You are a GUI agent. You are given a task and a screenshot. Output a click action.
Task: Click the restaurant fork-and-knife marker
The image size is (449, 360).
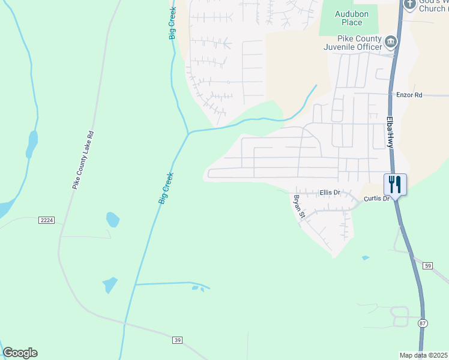tap(395, 183)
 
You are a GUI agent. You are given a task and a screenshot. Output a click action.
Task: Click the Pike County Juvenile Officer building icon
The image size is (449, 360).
tap(391, 41)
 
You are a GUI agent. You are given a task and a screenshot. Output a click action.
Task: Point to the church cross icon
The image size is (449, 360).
tap(409, 4)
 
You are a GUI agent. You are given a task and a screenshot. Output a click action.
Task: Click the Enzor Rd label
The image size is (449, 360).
tap(409, 95)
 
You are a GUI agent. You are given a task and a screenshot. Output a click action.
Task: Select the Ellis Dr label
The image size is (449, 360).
tap(330, 193)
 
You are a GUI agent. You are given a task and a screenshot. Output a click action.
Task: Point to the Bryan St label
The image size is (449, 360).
tap(299, 206)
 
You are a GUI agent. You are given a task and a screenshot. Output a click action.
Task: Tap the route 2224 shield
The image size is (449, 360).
tap(46, 220)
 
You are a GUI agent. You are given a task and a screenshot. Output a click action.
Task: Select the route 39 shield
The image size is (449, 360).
tap(177, 340)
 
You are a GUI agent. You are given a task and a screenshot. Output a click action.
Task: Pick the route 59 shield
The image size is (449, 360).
tap(427, 266)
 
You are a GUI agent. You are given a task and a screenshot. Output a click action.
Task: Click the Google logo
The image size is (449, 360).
tap(20, 353)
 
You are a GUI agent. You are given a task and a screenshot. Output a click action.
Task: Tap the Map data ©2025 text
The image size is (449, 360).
tap(424, 355)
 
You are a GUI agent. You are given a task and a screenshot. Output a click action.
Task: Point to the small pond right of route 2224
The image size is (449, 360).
tap(112, 220)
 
